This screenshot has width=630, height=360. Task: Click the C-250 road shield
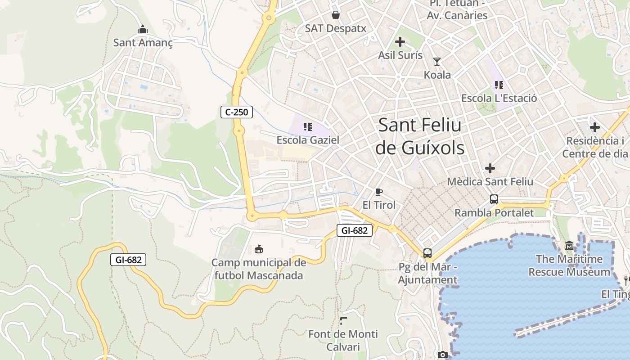click(236, 112)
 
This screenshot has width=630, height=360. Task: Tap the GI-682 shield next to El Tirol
click(355, 231)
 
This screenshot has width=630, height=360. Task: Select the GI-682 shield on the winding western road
click(128, 260)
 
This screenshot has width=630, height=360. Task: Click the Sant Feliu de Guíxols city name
click(420, 136)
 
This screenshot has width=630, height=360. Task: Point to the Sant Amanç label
click(143, 43)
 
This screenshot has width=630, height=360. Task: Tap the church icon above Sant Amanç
click(143, 30)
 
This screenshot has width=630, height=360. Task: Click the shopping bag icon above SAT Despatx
click(336, 15)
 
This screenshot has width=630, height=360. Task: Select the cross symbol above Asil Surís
click(400, 42)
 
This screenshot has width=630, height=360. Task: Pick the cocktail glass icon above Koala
click(436, 62)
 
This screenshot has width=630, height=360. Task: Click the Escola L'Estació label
click(499, 98)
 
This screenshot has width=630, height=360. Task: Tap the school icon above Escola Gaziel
click(308, 127)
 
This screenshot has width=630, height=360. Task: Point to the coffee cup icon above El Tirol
click(379, 192)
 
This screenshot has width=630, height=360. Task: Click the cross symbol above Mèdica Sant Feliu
click(490, 169)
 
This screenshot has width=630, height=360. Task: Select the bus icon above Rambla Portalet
click(494, 199)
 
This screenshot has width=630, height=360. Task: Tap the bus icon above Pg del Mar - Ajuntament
click(427, 253)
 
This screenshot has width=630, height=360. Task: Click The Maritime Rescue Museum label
click(569, 265)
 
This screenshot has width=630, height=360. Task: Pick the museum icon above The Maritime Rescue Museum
click(569, 246)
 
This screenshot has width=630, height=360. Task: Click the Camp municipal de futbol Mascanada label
click(259, 269)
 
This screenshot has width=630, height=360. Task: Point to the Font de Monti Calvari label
click(343, 340)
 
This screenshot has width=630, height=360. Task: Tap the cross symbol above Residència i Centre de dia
click(595, 127)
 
